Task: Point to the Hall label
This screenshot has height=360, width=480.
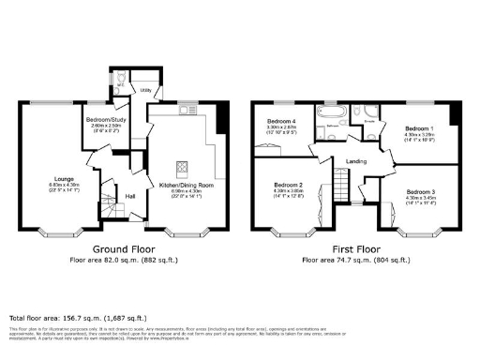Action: [131, 195]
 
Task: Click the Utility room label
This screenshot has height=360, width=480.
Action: [146, 90]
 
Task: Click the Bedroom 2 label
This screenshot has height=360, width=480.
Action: [289, 186]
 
